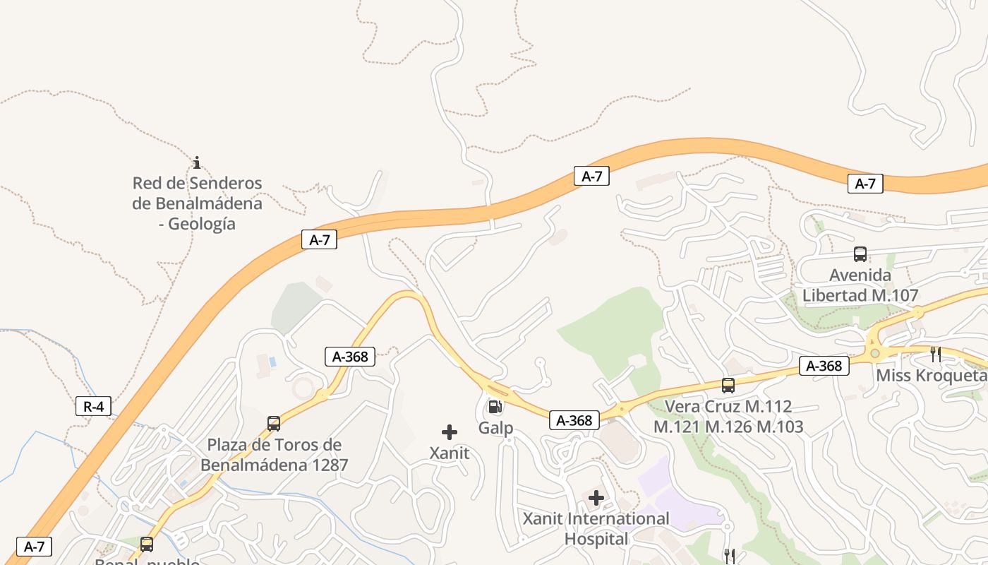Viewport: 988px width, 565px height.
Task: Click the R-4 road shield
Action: (93, 406)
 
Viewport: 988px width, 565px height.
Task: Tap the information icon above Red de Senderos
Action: (197, 163)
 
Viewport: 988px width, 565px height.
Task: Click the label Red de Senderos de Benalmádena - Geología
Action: (197, 203)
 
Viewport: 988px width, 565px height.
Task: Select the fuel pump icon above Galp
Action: (495, 407)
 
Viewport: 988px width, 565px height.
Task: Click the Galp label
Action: (495, 428)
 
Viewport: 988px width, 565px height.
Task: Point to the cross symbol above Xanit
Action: (450, 432)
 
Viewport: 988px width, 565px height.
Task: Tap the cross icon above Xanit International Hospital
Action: (596, 498)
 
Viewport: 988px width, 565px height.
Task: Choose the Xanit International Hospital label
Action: (596, 529)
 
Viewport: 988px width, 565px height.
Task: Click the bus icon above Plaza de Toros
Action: (274, 424)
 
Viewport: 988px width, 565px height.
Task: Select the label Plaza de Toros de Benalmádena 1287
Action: (275, 455)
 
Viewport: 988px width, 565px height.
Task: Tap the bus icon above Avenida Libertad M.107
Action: (860, 254)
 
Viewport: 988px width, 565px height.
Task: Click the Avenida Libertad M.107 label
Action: (860, 285)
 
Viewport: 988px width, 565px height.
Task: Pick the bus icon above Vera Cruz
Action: (728, 386)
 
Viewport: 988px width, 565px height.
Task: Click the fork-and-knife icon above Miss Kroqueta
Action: (935, 355)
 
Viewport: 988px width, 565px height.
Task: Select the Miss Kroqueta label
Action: (931, 376)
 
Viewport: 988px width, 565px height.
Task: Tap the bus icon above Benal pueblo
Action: (147, 545)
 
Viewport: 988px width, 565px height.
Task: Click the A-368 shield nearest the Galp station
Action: (574, 420)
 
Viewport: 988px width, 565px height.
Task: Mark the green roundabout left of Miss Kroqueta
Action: (875, 352)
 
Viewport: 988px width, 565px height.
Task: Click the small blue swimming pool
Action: (272, 362)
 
